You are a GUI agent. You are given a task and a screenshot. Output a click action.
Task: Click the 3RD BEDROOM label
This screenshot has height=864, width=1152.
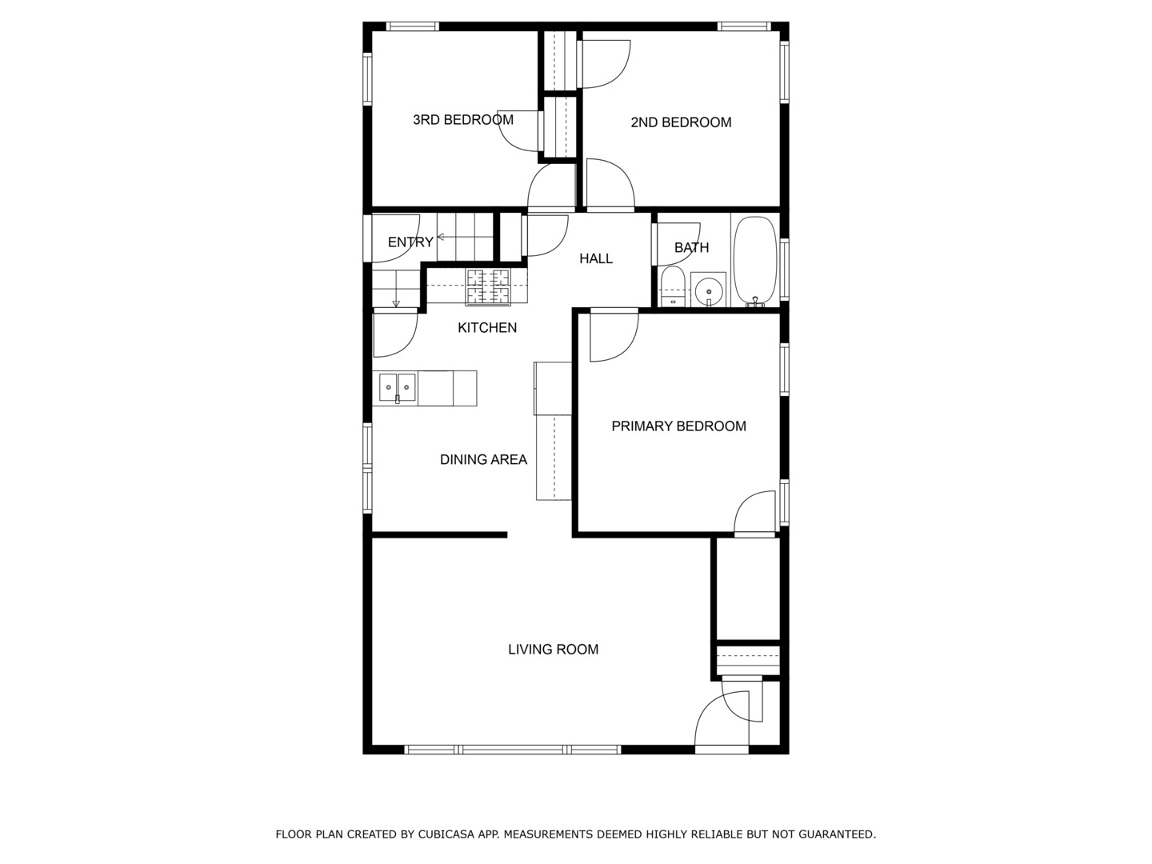462,120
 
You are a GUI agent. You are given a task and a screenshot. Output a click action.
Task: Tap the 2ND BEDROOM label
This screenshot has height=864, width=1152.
681,122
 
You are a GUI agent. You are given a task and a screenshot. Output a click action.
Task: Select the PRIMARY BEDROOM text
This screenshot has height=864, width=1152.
678,426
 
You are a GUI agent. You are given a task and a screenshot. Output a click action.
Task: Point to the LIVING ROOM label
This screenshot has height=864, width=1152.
553,650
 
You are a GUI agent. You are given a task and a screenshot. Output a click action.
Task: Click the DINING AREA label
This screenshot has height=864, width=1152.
483,459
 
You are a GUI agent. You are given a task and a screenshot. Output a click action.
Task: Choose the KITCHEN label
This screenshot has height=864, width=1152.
486,327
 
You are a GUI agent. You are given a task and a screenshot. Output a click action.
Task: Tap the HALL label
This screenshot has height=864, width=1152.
596,258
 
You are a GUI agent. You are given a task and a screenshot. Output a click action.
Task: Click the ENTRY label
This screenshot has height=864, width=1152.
410,242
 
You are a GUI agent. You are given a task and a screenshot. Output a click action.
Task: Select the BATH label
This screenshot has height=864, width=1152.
691,247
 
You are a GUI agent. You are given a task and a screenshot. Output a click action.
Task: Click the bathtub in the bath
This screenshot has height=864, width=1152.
755,260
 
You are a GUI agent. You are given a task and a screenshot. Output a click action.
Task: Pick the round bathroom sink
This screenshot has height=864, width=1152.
708,289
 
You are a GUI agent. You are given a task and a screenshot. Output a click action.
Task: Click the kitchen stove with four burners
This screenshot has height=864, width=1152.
488,286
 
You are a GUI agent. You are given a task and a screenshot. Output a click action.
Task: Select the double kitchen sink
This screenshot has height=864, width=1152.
398,388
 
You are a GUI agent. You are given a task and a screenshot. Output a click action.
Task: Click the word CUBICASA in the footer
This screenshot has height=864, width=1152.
446,834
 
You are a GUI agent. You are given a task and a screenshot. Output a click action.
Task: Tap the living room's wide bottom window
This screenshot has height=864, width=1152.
512,750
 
